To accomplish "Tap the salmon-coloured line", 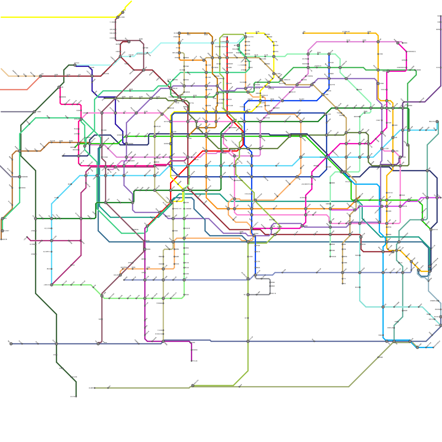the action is point(17,90).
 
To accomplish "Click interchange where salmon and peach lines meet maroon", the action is point(40,76).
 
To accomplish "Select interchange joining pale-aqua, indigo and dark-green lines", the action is point(75,65).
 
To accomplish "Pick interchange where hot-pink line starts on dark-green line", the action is point(59,87).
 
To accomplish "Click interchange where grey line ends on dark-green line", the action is point(34,112).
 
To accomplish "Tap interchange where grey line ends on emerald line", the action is point(20,177).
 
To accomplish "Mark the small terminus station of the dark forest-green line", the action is point(76,397).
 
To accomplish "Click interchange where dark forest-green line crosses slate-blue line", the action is point(56,344).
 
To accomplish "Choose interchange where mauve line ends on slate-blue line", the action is point(98,344).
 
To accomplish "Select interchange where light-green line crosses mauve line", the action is point(102,296).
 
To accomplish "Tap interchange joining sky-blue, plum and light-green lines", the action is point(51,285).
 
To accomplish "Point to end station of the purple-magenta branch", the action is point(191,361).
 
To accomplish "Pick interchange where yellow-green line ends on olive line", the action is point(193,385).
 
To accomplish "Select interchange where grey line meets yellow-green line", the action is point(248,295).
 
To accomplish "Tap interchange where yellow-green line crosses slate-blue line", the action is point(248,341).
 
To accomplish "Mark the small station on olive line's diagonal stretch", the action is point(378,357).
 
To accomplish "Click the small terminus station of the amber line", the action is point(303,33).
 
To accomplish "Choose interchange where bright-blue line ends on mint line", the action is point(329,54).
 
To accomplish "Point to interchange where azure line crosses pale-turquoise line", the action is point(383,307).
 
